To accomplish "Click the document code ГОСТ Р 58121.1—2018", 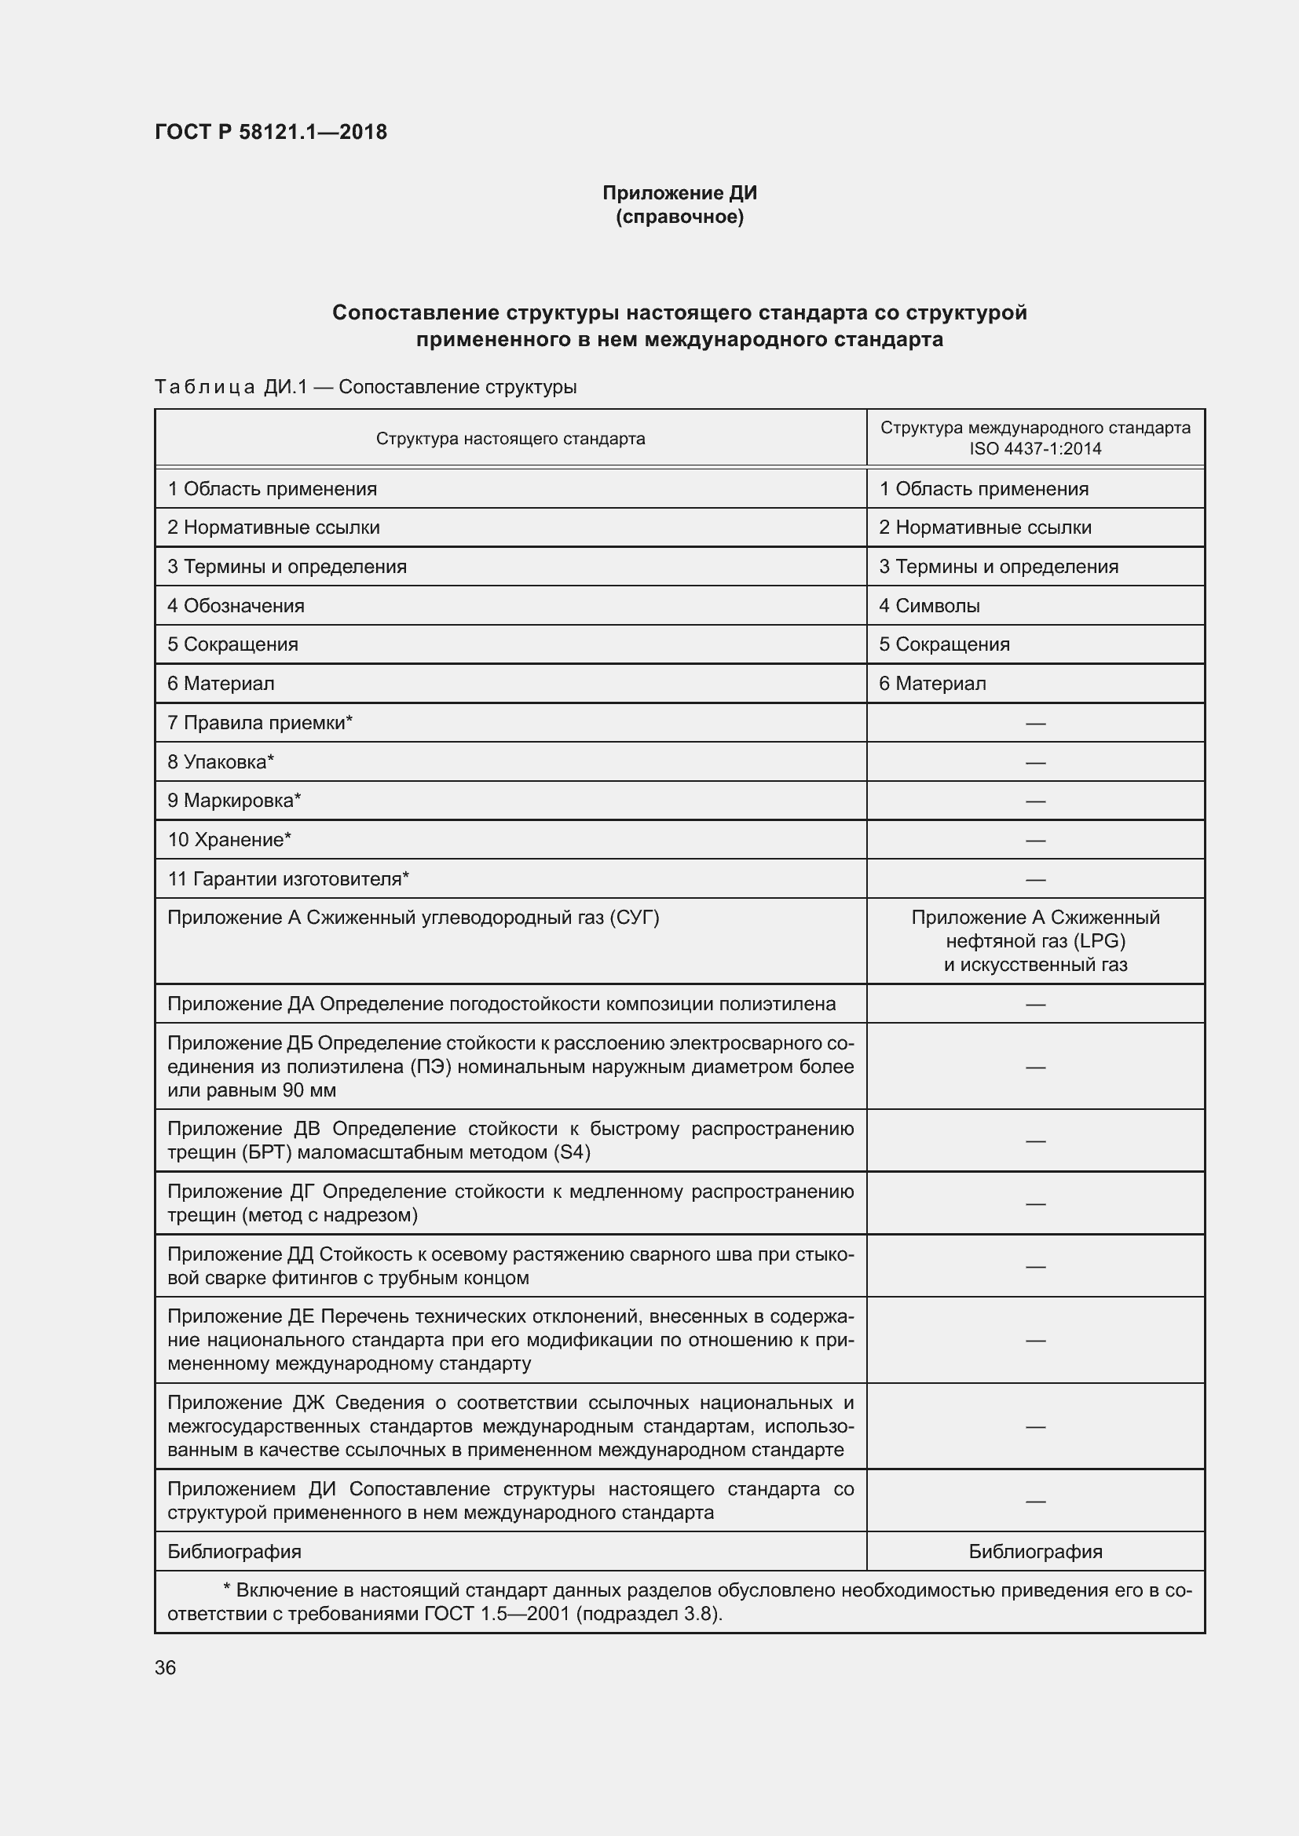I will coord(270,132).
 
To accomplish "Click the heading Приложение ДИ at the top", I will coord(679,193).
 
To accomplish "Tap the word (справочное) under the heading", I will coord(679,217).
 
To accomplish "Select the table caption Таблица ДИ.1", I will coord(230,387).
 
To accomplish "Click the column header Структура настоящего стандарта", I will coord(510,438).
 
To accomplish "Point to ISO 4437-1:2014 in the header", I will coord(1035,449).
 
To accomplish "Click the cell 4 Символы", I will coord(929,605).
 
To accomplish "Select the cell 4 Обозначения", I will coord(236,605).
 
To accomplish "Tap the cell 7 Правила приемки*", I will coord(260,723).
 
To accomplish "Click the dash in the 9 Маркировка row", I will coord(1035,801).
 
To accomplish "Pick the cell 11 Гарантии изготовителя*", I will coord(288,879).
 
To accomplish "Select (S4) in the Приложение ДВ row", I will coord(571,1152).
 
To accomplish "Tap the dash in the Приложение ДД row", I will coord(1035,1266).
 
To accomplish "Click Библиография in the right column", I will coord(1035,1551).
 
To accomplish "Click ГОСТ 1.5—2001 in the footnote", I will coord(496,1613).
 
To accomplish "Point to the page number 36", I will coord(166,1667).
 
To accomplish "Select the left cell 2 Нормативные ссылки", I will coord(273,527).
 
